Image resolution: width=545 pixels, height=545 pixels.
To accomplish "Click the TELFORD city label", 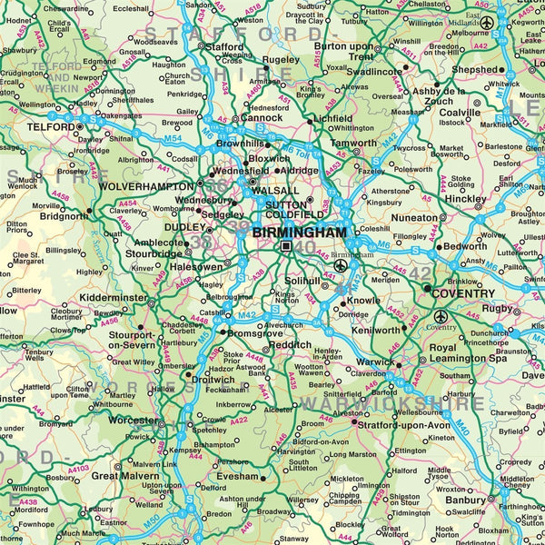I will (25, 128).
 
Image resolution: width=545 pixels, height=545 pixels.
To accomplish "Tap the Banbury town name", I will (465, 500).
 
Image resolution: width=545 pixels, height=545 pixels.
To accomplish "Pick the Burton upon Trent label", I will (342, 51).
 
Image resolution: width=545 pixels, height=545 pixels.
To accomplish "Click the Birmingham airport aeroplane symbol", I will (340, 266).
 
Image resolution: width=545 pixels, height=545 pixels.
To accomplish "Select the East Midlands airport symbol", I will (488, 22).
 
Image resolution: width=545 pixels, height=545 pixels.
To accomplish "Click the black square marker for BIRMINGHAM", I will (286, 246).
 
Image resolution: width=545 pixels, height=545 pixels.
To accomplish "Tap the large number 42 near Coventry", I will (420, 272).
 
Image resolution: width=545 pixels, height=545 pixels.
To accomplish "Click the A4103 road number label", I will (79, 469).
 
